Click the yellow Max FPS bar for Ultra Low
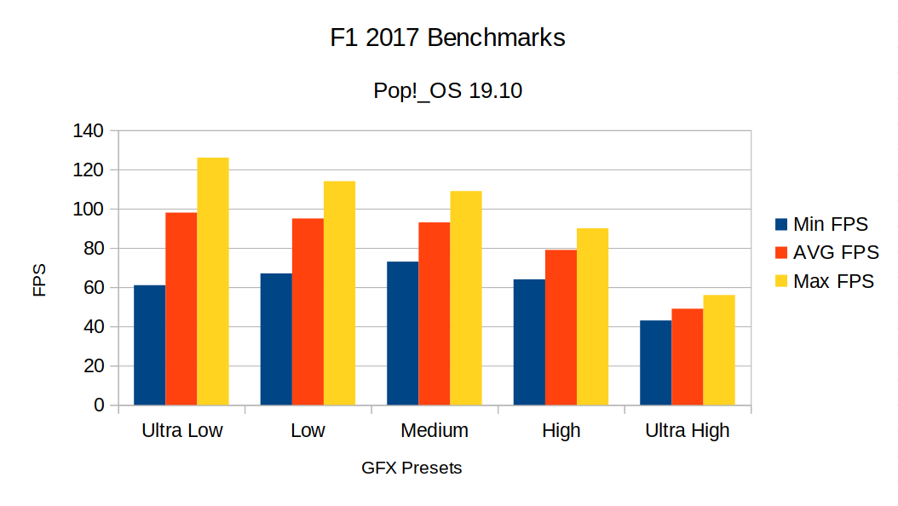(213, 281)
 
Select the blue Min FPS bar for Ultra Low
(150, 345)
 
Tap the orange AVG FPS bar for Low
(308, 312)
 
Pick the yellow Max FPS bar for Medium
(466, 298)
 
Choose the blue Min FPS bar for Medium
(402, 333)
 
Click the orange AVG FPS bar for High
(561, 327)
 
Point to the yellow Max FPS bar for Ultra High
(719, 350)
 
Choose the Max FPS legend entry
(823, 281)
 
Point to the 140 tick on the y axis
(88, 131)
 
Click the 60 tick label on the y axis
(92, 288)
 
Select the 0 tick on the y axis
(99, 405)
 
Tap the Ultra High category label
(687, 431)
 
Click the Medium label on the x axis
(434, 431)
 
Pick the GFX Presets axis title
(412, 469)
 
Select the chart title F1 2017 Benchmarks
(447, 38)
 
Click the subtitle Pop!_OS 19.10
(447, 90)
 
